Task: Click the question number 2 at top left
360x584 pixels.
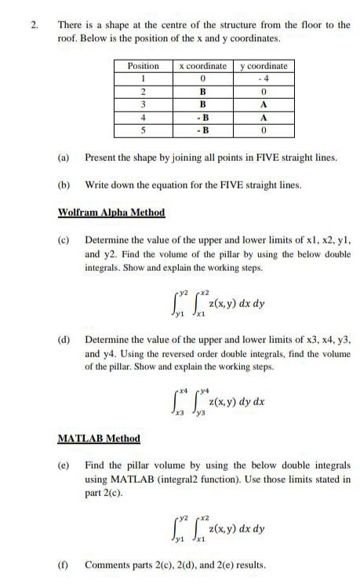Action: [34, 24]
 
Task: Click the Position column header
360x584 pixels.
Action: [144, 66]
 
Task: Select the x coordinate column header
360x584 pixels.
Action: [203, 66]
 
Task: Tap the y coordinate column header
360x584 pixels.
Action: [264, 66]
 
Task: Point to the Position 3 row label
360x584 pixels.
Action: [144, 103]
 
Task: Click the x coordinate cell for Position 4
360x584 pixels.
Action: [203, 117]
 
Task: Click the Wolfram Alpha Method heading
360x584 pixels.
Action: [111, 212]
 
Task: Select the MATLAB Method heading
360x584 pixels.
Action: [99, 438]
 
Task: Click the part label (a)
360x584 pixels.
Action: [64, 158]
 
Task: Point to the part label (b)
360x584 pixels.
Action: [64, 185]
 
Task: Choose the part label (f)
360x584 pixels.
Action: [63, 564]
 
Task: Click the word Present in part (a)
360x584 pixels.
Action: [100, 158]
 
